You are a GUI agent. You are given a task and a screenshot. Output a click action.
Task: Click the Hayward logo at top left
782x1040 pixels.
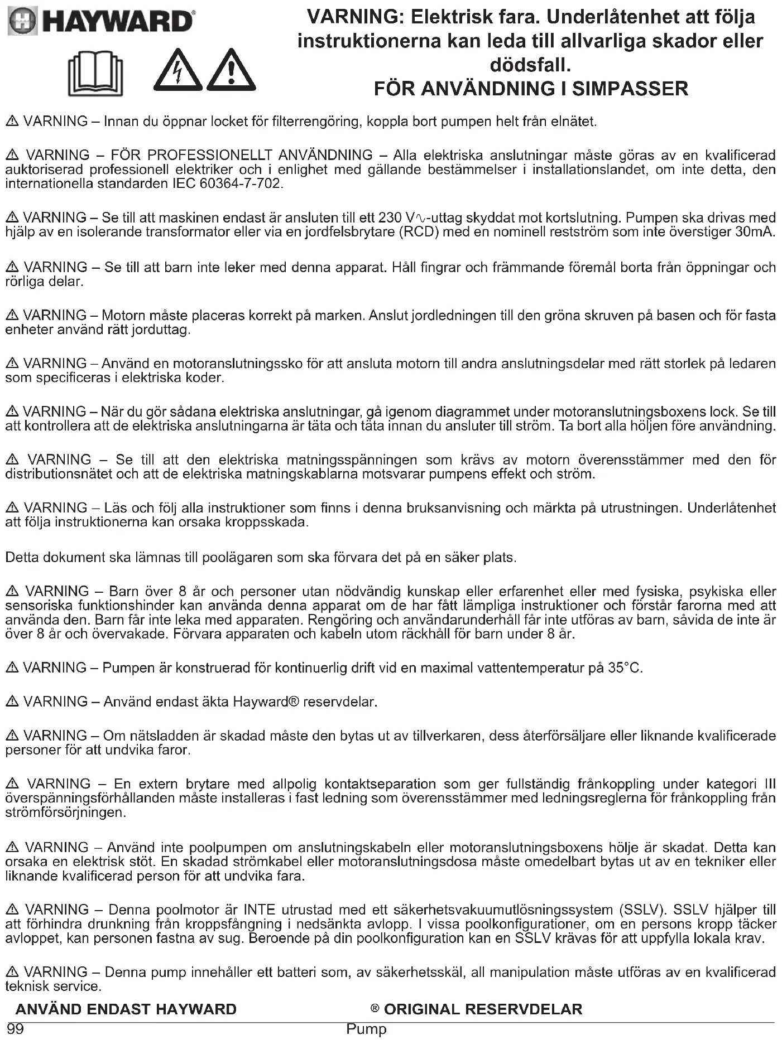coord(100,21)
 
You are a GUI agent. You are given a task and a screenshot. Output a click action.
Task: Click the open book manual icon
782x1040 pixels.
coord(95,74)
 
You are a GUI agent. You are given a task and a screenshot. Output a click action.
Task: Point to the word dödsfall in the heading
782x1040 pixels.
coord(530,65)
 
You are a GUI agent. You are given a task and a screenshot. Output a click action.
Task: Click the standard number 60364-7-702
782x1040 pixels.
coord(240,184)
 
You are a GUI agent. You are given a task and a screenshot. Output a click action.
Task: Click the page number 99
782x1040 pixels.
coord(15,1029)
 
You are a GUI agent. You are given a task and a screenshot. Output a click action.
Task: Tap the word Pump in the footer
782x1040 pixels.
coord(366,1029)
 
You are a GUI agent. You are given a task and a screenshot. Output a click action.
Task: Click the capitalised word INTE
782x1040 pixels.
coord(260,910)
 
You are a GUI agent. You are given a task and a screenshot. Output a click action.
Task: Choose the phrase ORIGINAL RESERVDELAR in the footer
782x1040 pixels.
coord(483,1009)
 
